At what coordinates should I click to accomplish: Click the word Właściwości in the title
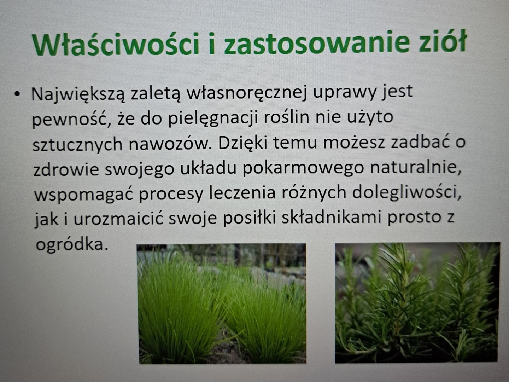(116, 44)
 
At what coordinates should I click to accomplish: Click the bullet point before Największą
(17, 94)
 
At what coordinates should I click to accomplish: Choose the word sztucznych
(77, 144)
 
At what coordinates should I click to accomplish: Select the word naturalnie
(415, 167)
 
